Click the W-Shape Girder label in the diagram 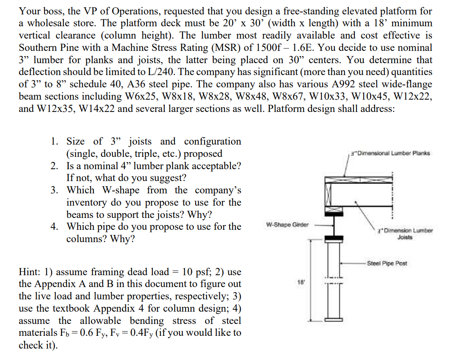(x=287, y=224)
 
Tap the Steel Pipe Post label (x=387, y=263)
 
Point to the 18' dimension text (x=300, y=281)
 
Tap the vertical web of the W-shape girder (x=334, y=224)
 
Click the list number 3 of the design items (x=54, y=190)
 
